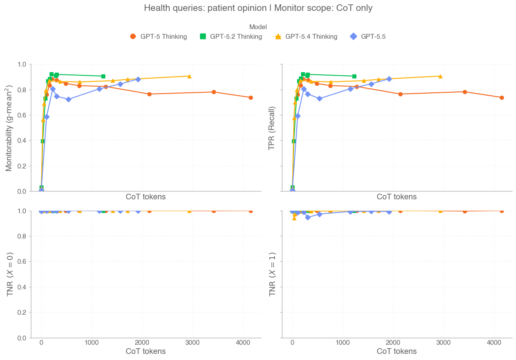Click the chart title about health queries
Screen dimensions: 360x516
258,8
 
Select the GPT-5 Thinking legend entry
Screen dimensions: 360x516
158,37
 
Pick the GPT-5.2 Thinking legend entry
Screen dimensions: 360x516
231,37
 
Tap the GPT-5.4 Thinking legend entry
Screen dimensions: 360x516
306,37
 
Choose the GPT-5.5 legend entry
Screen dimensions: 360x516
368,37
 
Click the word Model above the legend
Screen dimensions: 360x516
258,27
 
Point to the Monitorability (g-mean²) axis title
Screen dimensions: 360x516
9,128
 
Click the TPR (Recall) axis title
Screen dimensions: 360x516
272,128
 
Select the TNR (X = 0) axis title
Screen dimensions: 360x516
9,274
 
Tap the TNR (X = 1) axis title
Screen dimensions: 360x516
272,274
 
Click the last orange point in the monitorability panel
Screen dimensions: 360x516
251,98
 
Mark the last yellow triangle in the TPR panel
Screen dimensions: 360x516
440,76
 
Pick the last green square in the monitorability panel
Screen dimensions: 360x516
103,76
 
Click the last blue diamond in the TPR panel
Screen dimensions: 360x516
389,79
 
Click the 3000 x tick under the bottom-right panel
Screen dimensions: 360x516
443,343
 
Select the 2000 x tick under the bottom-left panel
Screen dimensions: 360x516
142,343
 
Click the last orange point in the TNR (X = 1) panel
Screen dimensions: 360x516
502,211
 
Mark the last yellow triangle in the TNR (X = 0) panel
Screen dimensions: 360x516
189,211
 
